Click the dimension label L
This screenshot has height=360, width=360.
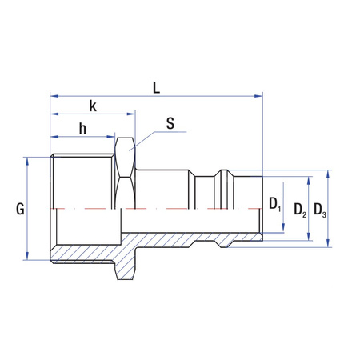coord(156,88)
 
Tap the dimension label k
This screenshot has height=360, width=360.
coord(93,106)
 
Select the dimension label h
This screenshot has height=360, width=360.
coord(82,129)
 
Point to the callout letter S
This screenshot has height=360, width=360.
coord(170,123)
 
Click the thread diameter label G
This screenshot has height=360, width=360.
coord(20,209)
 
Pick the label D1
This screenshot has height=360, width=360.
coord(275,205)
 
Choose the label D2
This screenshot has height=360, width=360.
coord(300,210)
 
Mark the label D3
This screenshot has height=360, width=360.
coord(320,210)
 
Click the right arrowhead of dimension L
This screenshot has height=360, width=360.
coord(258,96)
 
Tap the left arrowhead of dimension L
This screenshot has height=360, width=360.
coord(54,96)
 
